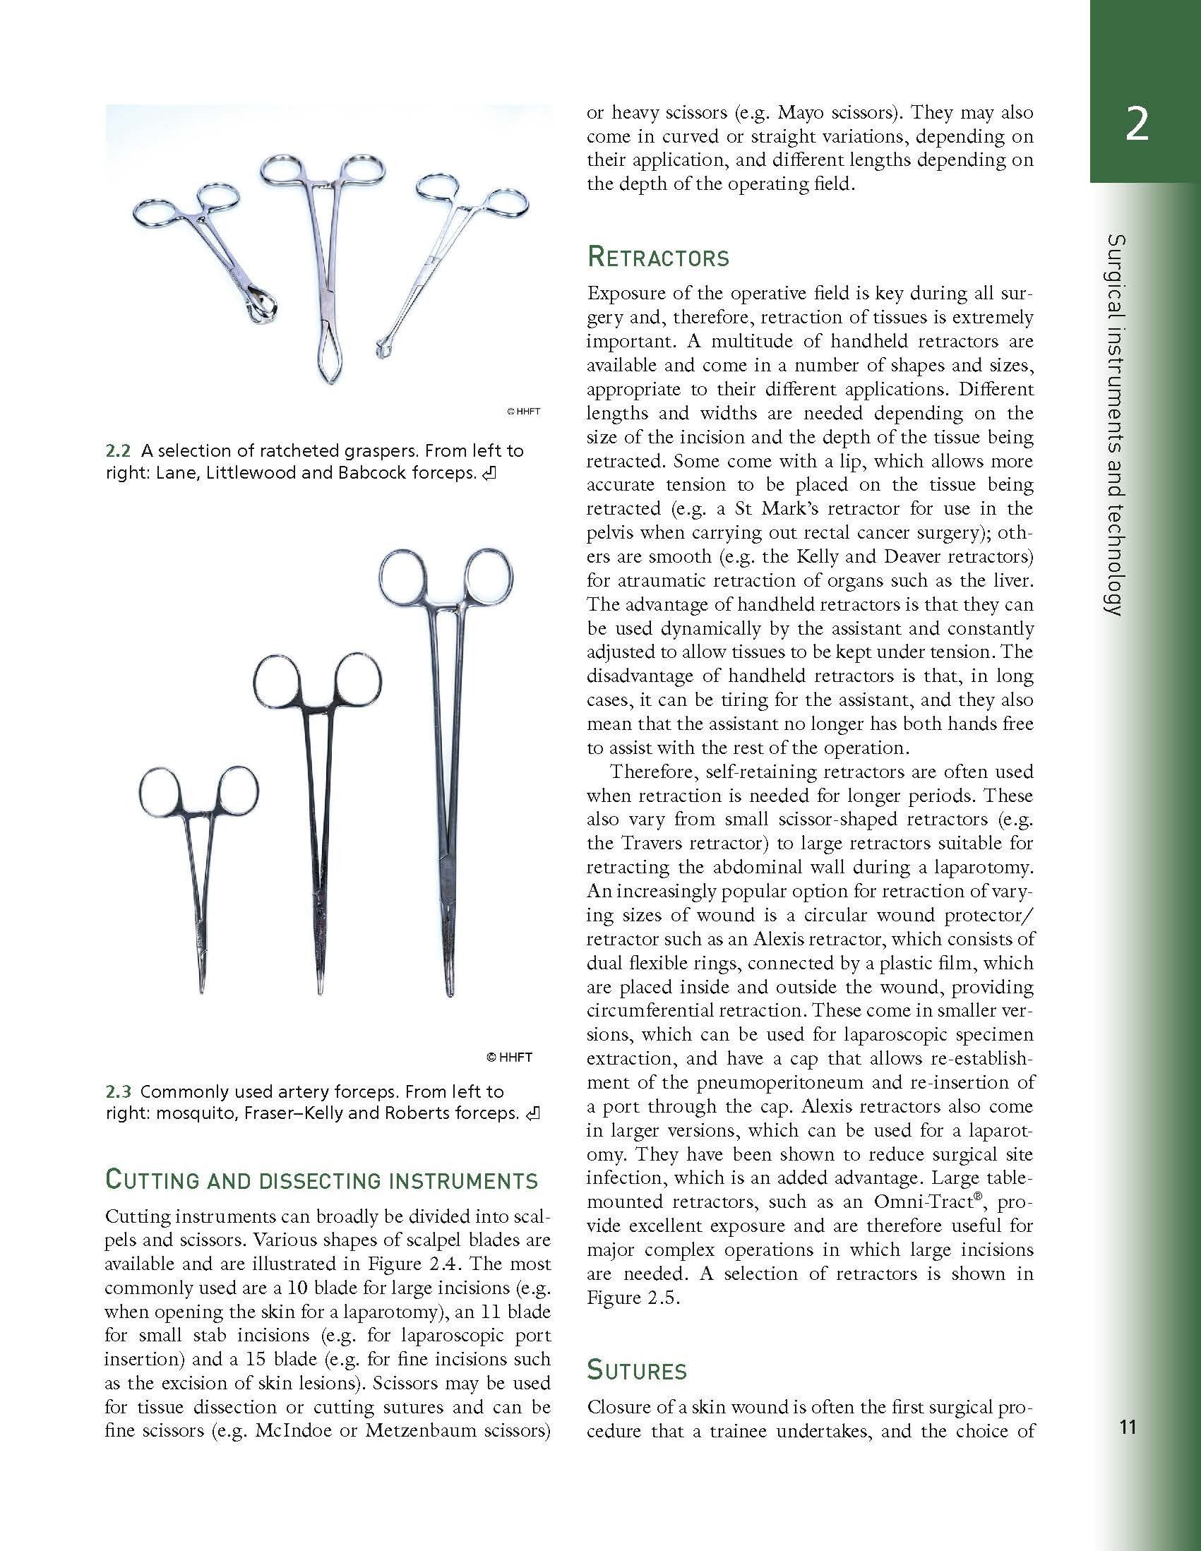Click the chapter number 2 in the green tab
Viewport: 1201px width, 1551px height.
(1136, 126)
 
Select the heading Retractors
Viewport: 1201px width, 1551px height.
(657, 257)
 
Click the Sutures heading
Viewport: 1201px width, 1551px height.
(637, 1370)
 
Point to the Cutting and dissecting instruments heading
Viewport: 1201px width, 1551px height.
(321, 1180)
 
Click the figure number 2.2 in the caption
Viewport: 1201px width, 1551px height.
(119, 450)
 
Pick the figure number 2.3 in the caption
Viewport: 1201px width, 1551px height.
(119, 1091)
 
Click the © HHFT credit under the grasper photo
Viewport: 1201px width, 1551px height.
(523, 411)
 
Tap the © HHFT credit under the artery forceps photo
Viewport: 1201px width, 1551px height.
(508, 1057)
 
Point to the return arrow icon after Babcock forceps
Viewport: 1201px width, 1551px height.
(489, 474)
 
